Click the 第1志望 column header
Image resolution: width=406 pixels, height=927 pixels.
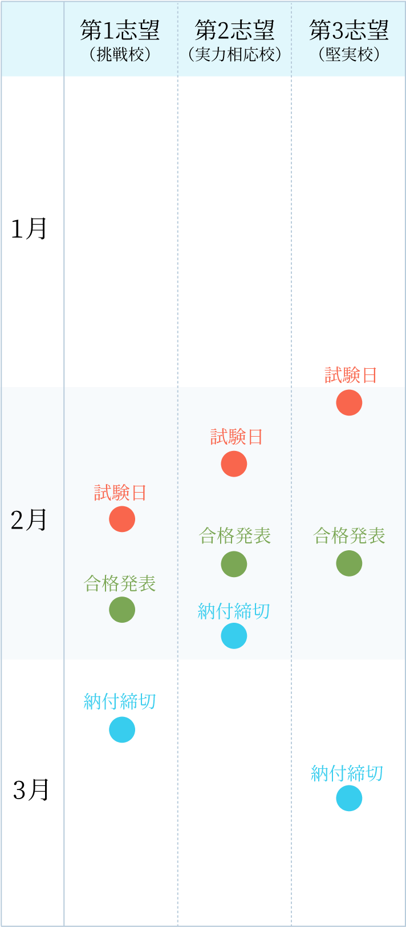pos(120,31)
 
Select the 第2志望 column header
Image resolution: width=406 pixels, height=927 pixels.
pos(234,31)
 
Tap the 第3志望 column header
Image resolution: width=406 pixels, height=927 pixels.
pos(349,31)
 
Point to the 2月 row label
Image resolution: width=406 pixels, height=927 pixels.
pos(29,520)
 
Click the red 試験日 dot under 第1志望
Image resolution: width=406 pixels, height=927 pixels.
pos(122,519)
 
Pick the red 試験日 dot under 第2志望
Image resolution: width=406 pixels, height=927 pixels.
pos(234,463)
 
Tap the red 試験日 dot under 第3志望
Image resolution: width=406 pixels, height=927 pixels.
pos(349,402)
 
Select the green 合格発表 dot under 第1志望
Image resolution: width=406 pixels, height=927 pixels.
pos(122,609)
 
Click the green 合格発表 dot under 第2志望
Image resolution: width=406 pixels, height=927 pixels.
pos(234,564)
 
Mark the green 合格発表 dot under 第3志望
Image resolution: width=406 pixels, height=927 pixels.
pos(349,563)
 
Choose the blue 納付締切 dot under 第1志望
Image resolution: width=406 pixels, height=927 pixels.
pos(122,729)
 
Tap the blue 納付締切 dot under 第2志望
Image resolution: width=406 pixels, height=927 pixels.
pos(234,636)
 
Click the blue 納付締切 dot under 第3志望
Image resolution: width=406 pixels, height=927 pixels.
pos(349,798)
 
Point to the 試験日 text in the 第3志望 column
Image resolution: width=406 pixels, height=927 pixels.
pos(351,376)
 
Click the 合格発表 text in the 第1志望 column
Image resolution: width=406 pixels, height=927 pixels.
pos(120,583)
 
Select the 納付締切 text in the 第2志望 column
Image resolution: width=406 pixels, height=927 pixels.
pos(234,611)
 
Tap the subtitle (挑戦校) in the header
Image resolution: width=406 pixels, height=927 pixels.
pos(120,55)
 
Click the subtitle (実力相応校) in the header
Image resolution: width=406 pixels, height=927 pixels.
pos(234,55)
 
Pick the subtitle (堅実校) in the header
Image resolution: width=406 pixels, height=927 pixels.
pos(349,55)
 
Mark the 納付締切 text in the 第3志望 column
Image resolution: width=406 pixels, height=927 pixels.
pos(347,773)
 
